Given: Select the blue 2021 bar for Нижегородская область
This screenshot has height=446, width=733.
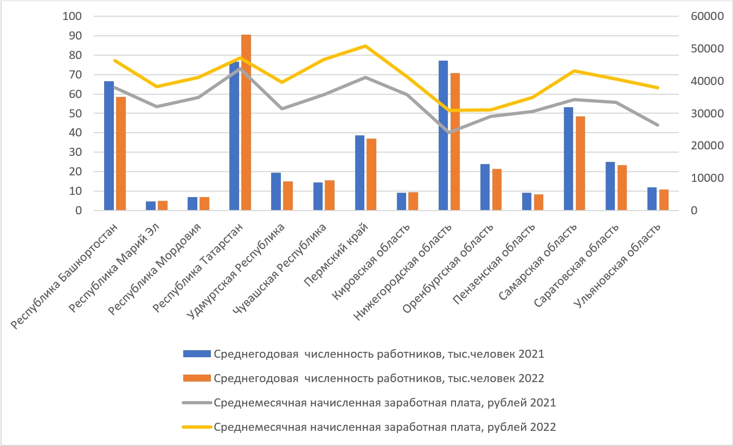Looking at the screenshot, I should click(443, 135).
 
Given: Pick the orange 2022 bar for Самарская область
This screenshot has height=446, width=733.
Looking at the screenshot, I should click(581, 163).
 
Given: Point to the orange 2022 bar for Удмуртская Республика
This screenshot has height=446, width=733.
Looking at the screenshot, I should click(288, 195).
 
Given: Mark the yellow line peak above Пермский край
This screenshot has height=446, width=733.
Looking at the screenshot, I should click(365, 46).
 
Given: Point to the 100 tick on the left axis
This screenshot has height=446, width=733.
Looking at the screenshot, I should click(72, 16).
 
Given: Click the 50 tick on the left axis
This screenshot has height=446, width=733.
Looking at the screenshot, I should click(75, 114).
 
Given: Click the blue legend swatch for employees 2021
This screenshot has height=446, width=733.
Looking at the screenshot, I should click(196, 354).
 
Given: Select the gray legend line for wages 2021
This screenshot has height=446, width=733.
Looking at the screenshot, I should click(196, 403).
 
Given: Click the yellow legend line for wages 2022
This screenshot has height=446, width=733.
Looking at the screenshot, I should click(196, 427).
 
